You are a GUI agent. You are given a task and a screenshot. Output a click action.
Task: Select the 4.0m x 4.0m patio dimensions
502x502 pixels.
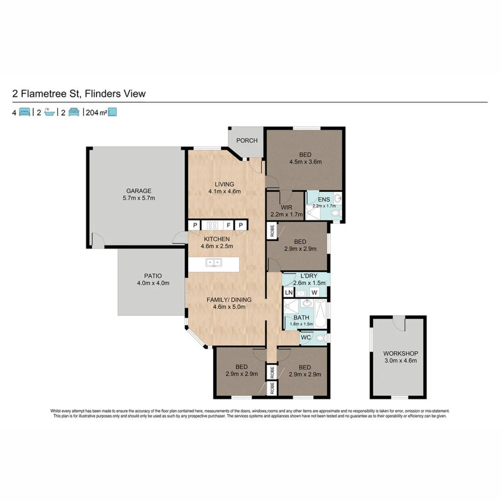tap(153, 283)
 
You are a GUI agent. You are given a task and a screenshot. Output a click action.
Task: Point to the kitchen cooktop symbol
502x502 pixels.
tap(213, 225)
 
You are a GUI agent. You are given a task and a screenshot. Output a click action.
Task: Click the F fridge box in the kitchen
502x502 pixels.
tap(229, 225)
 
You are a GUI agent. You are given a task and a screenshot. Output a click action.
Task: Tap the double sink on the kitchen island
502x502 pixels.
tap(213, 263)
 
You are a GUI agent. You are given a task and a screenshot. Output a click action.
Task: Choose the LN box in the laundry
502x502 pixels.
tap(289, 293)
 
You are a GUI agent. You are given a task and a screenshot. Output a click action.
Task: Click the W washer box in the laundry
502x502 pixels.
tap(315, 293)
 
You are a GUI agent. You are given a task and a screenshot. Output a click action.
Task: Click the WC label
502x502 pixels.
tap(306, 337)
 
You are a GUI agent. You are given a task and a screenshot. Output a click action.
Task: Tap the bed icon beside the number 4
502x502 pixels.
tap(25, 112)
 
